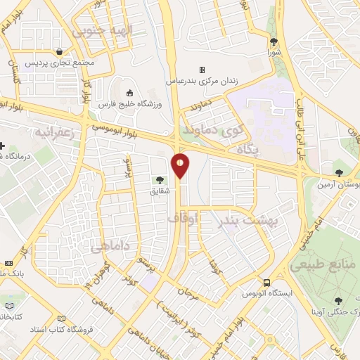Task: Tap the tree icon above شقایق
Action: click(x=158, y=180)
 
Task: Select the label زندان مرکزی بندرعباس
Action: click(x=202, y=81)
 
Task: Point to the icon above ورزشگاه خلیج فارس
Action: click(x=130, y=93)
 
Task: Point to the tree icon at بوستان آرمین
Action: click(x=340, y=172)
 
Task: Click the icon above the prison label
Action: click(x=202, y=70)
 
